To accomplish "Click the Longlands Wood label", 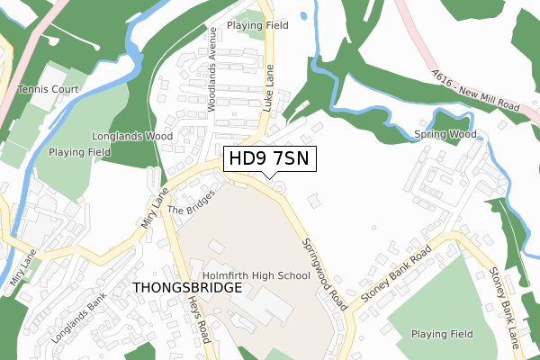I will click(x=132, y=137).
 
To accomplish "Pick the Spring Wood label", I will click(x=445, y=135).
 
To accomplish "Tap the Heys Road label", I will click(x=203, y=320).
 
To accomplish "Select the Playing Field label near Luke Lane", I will click(x=257, y=26).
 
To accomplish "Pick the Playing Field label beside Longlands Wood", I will click(x=79, y=152).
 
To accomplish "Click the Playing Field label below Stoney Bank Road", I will click(x=442, y=334).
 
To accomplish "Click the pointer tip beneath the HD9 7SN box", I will click(x=269, y=178).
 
